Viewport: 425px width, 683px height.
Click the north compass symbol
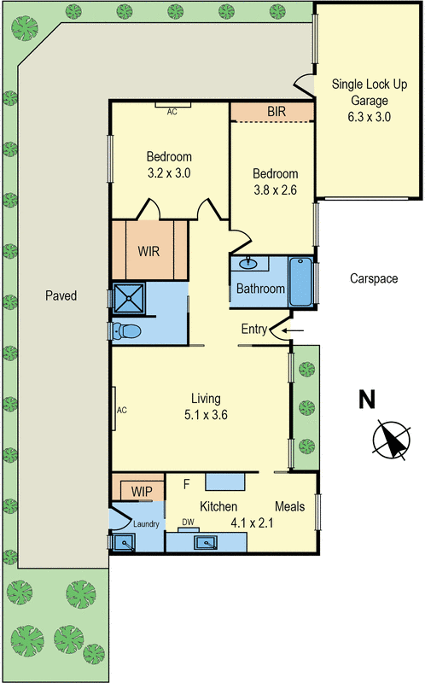[x=391, y=440]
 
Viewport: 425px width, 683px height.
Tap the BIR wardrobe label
[x=276, y=112]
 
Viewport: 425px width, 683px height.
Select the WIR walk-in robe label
[x=148, y=252]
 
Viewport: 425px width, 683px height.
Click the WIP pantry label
[x=140, y=492]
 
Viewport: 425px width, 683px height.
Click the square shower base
[x=131, y=299]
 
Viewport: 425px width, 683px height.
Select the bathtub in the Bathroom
[x=300, y=283]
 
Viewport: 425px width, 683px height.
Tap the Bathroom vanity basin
[x=251, y=264]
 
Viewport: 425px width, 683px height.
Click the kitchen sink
[x=206, y=541]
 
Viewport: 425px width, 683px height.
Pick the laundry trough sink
[x=125, y=541]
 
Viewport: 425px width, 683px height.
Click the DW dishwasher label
[x=186, y=522]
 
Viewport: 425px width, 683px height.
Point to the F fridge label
[x=186, y=485]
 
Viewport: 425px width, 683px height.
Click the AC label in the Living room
[x=121, y=410]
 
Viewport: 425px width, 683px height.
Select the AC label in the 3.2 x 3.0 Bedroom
[x=172, y=111]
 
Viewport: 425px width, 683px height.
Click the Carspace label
[x=374, y=278]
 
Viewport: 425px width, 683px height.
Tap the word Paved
[x=61, y=296]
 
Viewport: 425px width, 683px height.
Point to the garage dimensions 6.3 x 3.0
[x=368, y=117]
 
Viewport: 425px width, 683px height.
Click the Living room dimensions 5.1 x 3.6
[x=206, y=415]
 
